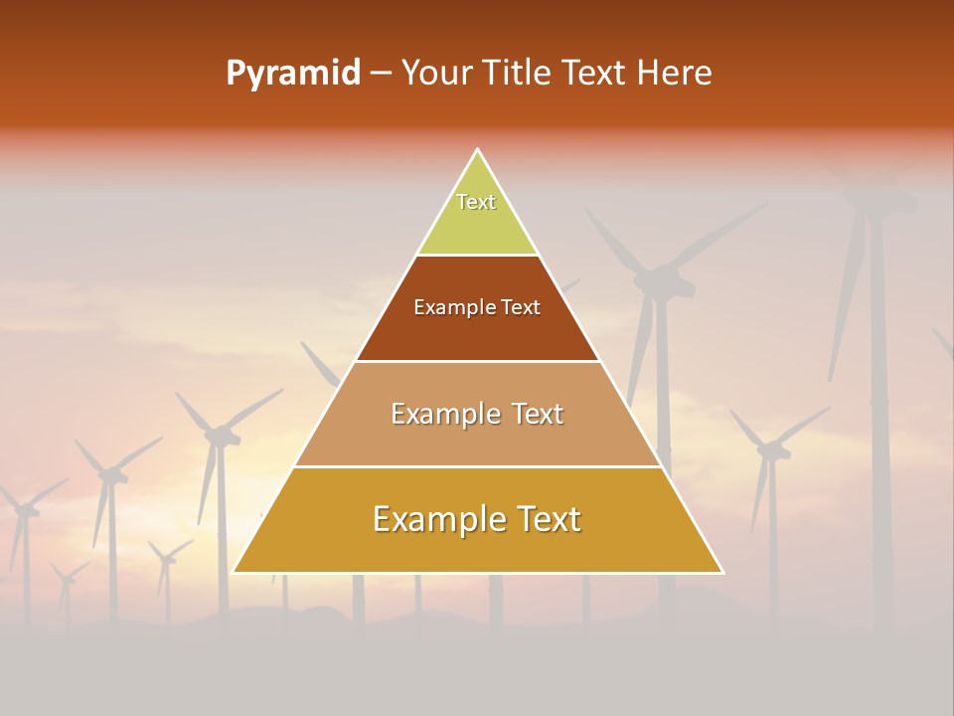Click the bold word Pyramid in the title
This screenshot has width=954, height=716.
pos(292,74)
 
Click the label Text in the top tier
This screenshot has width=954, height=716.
pos(476,202)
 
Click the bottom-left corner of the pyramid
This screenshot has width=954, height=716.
pos(233,573)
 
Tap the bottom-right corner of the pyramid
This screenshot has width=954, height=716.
pos(723,573)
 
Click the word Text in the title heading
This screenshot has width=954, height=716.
pos(593,74)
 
